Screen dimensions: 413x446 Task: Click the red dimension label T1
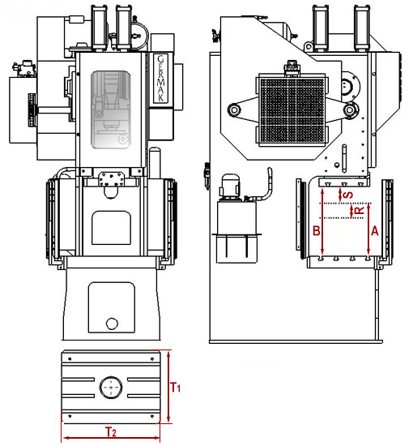[175, 387]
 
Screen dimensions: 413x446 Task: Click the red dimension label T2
[111, 431]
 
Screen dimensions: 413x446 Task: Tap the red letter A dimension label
[375, 230]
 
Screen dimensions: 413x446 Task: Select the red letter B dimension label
[317, 230]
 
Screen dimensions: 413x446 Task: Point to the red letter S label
[348, 195]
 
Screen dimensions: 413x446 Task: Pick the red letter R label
[360, 210]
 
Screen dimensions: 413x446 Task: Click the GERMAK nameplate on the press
[160, 78]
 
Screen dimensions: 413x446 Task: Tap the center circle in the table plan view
[111, 388]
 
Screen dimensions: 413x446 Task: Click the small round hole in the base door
[112, 324]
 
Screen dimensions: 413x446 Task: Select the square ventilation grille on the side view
[292, 110]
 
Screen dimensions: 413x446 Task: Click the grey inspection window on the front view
[111, 109]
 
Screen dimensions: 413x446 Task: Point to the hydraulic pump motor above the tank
[230, 186]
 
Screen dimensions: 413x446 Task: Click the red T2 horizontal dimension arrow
[111, 438]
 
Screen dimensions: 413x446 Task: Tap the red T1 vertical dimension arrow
[168, 387]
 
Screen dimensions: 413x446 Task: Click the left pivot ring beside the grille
[235, 109]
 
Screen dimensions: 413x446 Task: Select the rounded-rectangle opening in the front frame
[111, 228]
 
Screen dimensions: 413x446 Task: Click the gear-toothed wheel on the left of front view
[32, 109]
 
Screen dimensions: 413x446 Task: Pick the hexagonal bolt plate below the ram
[112, 178]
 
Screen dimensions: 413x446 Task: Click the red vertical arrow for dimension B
[322, 221]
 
